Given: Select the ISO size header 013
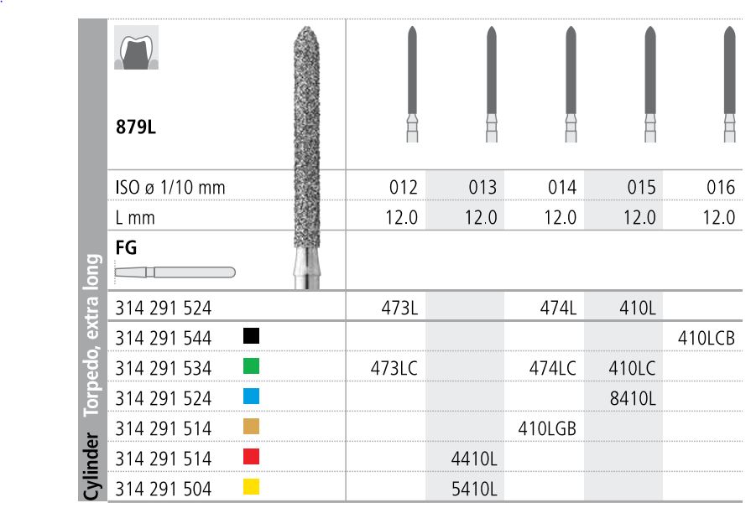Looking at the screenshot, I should point(482,187).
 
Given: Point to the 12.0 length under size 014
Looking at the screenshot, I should point(561,217).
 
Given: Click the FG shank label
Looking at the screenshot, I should point(126,248).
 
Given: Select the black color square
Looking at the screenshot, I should point(251,336).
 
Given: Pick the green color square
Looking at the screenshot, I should point(251,366).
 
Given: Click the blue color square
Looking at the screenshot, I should point(251,397).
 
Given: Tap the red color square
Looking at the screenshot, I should point(251,457).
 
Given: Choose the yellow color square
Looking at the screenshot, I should point(251,487).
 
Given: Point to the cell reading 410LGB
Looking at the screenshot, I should point(546,428).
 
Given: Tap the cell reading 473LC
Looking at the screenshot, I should point(394,368).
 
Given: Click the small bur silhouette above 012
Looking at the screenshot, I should point(411,84).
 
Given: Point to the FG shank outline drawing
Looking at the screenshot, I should point(175,272).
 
